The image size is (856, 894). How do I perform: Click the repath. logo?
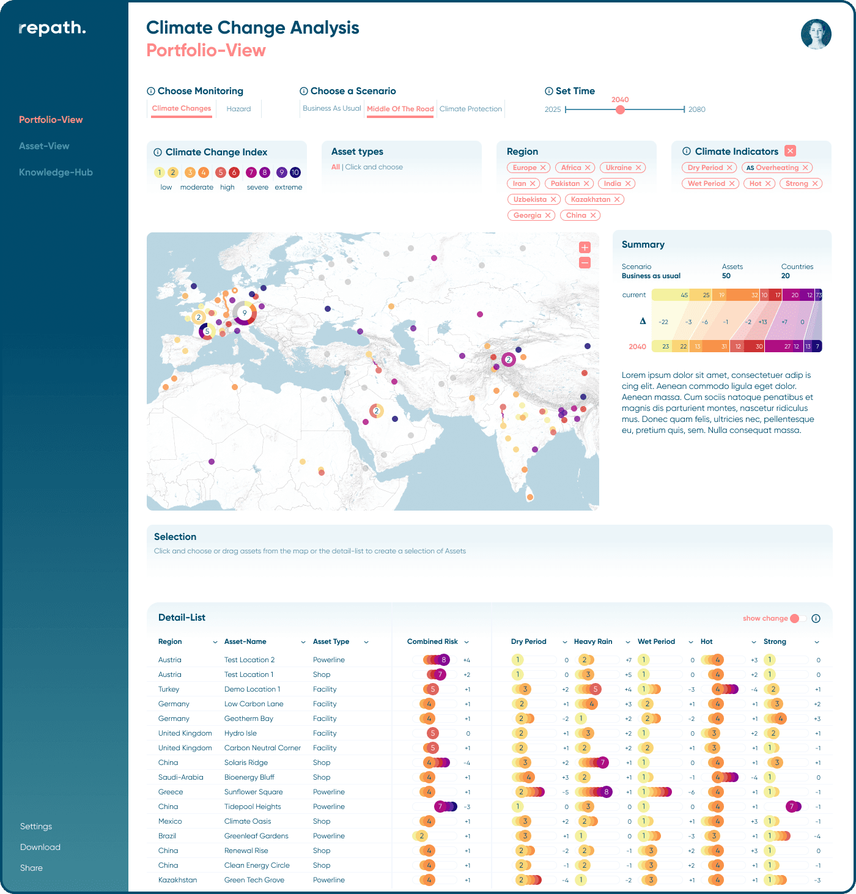[52, 28]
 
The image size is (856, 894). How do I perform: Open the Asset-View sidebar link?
[44, 146]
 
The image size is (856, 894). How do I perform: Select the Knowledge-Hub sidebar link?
[56, 172]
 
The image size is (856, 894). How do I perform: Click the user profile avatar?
[816, 34]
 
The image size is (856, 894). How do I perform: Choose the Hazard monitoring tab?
[238, 109]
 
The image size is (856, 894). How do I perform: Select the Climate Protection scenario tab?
[470, 109]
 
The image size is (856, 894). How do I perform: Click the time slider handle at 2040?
[620, 109]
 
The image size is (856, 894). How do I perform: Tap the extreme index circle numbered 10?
[295, 172]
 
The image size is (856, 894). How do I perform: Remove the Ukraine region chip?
[638, 168]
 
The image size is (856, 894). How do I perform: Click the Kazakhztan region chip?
[591, 199]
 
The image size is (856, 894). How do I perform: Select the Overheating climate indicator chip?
[772, 168]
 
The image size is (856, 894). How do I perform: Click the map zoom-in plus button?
[585, 248]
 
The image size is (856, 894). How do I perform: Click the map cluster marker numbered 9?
[245, 312]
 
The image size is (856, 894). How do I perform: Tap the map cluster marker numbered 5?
[207, 331]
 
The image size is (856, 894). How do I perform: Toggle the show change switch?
[797, 619]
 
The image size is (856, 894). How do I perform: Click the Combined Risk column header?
[432, 641]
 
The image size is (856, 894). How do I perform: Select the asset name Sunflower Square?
[253, 792]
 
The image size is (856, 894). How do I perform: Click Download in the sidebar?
[40, 847]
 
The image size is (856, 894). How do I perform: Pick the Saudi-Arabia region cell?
[180, 777]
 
